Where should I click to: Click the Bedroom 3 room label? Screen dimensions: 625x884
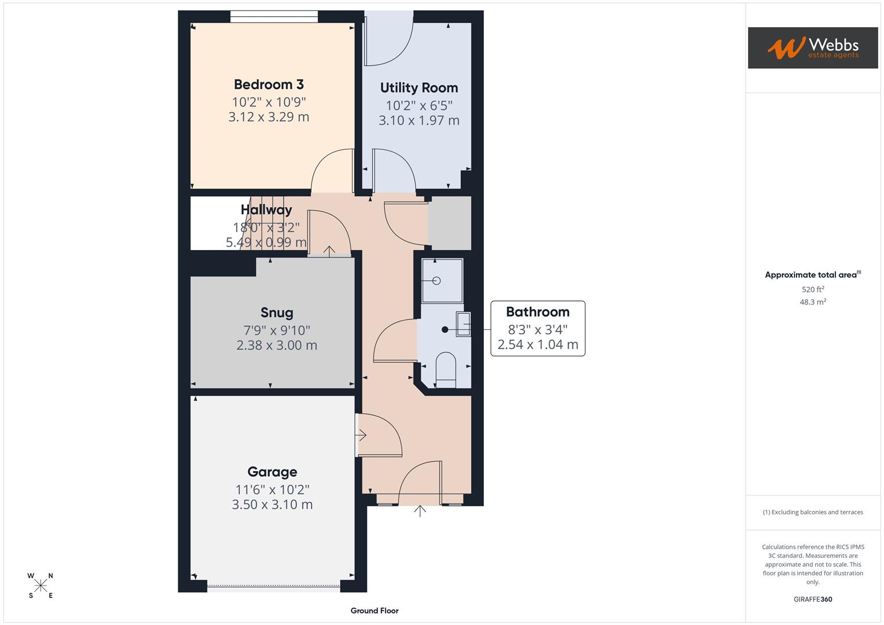[269, 84]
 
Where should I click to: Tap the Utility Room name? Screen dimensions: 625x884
[419, 88]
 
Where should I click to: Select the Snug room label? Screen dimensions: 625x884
[277, 313]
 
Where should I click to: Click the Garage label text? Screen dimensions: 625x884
[272, 472]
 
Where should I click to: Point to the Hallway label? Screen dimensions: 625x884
[266, 209]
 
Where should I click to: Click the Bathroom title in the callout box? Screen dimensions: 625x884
[537, 312]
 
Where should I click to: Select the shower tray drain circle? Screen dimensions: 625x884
[437, 281]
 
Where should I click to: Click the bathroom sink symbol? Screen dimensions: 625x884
[463, 324]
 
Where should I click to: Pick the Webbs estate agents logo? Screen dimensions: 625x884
[812, 48]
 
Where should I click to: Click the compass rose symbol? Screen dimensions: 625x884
[41, 586]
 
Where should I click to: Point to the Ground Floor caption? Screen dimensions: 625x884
[375, 611]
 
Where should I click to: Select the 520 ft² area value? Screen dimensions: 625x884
[813, 289]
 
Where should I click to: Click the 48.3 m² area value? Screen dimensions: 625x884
[813, 302]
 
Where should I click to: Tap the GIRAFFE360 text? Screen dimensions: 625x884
[813, 600]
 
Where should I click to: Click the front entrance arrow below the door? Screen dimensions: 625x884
[420, 510]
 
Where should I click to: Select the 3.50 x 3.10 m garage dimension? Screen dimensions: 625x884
[272, 505]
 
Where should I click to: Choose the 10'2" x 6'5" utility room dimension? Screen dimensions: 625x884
[419, 106]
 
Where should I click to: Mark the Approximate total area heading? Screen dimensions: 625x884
[812, 275]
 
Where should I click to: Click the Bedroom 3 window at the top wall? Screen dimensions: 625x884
[274, 17]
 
